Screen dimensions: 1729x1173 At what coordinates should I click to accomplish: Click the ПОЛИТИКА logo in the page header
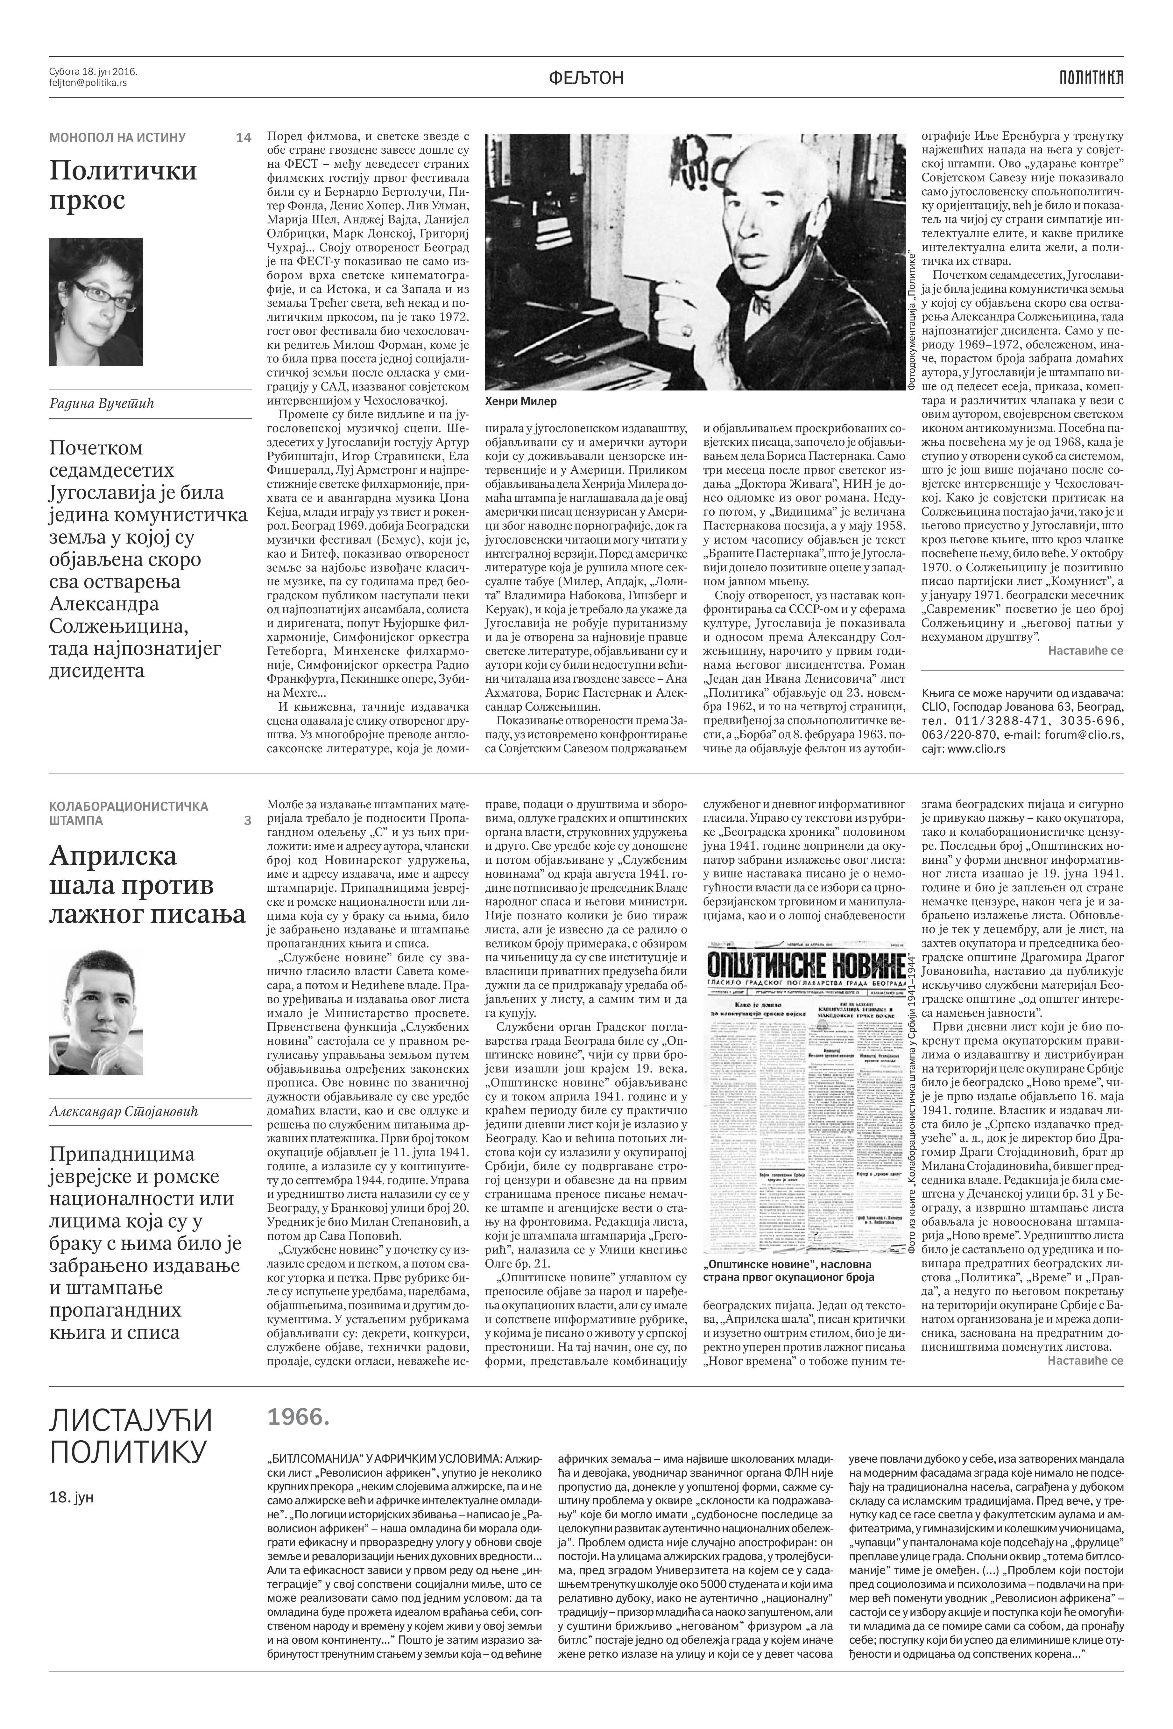tap(1091, 77)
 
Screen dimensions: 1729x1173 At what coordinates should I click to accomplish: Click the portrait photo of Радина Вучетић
tap(96, 301)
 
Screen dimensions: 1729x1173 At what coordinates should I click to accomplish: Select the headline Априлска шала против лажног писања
tap(147, 885)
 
